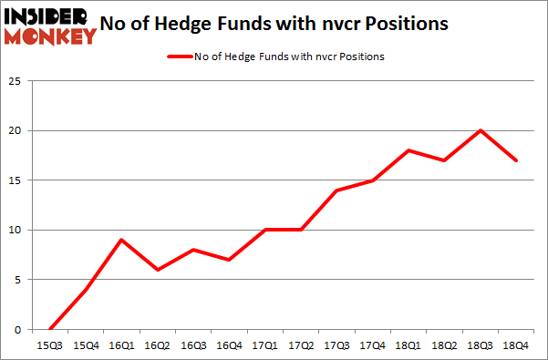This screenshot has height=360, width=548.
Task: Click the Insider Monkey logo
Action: click(51, 25)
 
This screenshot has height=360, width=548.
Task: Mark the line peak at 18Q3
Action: click(481, 130)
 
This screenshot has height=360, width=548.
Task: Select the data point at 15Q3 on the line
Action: click(51, 329)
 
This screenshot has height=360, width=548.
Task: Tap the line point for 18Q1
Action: click(409, 150)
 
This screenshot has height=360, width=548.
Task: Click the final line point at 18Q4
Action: click(516, 160)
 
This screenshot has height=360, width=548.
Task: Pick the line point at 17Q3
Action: click(337, 190)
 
